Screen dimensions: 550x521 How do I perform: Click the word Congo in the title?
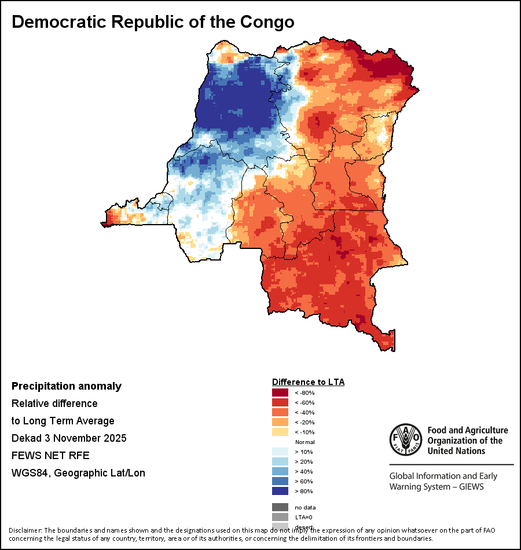click(266, 22)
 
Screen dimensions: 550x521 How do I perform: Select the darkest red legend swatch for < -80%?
click(280, 393)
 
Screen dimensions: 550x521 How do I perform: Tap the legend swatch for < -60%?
click(280, 402)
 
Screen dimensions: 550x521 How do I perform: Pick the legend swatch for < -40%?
click(280, 412)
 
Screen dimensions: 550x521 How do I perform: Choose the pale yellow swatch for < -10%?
click(280, 432)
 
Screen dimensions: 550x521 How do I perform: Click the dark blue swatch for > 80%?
click(280, 491)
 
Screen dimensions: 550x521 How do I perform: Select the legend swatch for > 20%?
click(280, 461)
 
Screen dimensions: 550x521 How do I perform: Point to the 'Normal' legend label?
click(304, 442)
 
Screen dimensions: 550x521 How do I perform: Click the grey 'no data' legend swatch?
click(280, 507)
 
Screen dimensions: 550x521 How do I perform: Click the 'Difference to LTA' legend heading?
click(308, 382)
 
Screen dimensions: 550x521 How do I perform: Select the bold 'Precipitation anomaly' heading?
click(67, 386)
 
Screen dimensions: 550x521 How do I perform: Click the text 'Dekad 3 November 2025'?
click(69, 438)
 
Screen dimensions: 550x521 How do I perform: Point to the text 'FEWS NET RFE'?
click(50, 456)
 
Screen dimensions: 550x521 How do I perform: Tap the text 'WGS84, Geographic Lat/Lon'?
click(78, 473)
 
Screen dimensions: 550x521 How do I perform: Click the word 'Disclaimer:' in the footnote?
click(25, 530)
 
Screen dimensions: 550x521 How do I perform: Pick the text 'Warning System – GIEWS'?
click(436, 486)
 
